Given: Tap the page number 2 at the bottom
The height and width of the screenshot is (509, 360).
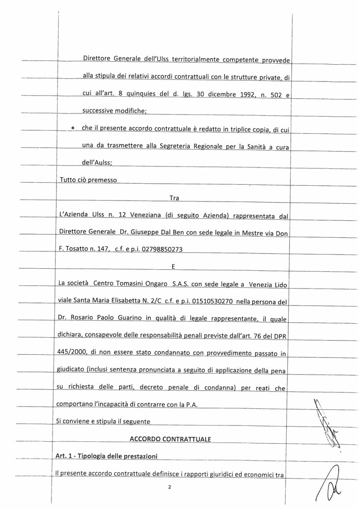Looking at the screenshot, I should (x=170, y=487).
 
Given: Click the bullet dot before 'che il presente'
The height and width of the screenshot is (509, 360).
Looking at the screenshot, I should (x=73, y=128).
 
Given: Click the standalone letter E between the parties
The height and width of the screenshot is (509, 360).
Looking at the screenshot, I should (x=174, y=266).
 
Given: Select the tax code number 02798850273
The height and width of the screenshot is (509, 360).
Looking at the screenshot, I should (x=159, y=249).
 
